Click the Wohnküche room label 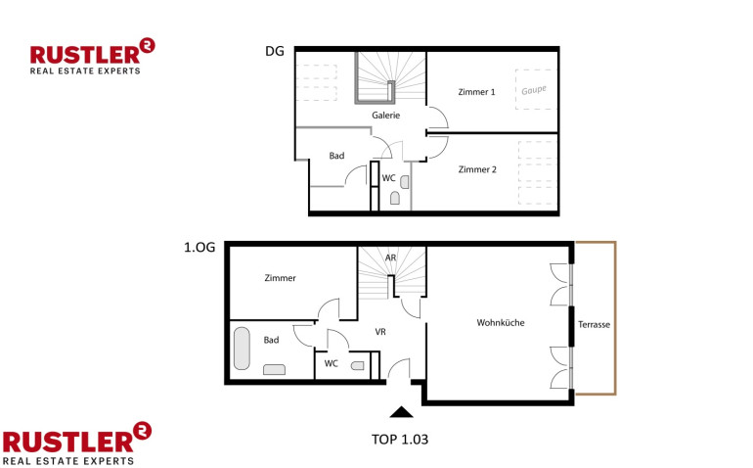click(501, 323)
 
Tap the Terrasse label click(594, 325)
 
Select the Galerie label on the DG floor click(385, 116)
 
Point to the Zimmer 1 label click(476, 92)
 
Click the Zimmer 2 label click(477, 169)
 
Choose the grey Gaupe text click(534, 90)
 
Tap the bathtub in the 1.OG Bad click(243, 349)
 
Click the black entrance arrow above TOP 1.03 click(402, 412)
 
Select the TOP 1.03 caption click(400, 440)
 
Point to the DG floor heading click(275, 51)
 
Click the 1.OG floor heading click(199, 248)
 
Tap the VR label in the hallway click(380, 332)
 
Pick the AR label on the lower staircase click(390, 257)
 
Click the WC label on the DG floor click(388, 178)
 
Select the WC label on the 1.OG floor click(331, 363)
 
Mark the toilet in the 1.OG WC click(358, 366)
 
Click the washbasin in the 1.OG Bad click(274, 369)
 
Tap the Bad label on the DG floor click(336, 156)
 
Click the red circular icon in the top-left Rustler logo click(147, 46)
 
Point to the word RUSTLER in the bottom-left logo click(68, 442)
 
